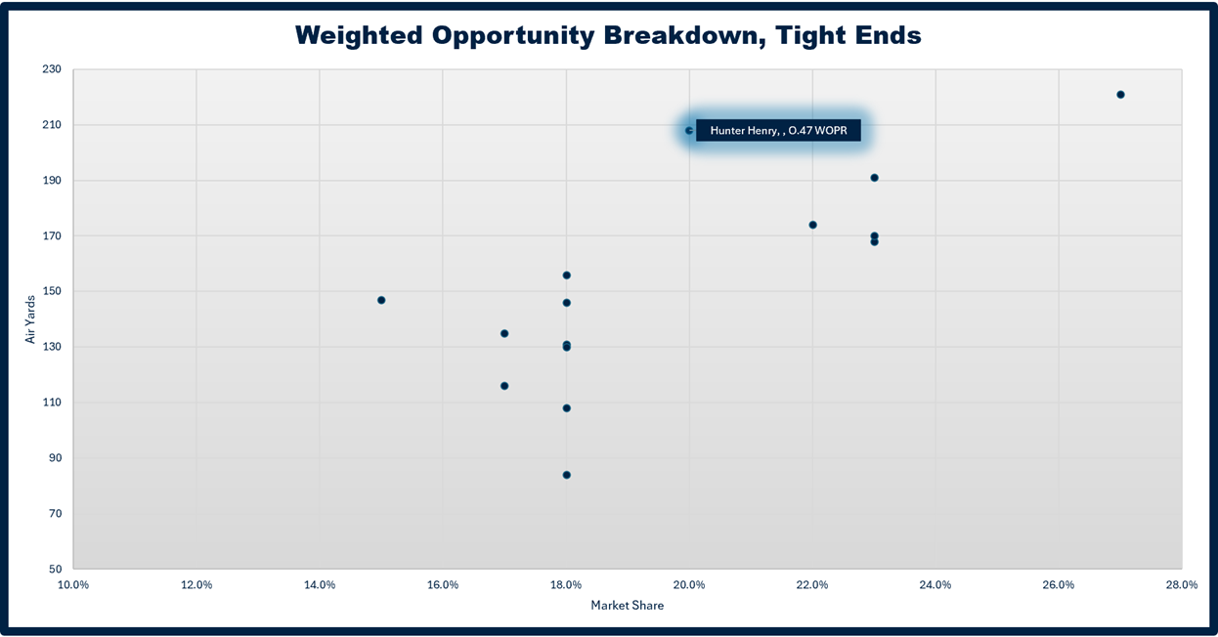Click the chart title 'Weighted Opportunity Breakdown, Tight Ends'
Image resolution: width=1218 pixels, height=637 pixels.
click(608, 35)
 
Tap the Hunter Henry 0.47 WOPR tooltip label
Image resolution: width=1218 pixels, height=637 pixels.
click(778, 131)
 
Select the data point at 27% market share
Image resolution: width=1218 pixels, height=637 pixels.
click(1120, 95)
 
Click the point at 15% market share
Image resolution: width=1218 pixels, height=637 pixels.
click(381, 300)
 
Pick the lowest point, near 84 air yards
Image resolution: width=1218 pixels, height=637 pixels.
click(567, 475)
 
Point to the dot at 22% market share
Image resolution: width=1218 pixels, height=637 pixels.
click(813, 225)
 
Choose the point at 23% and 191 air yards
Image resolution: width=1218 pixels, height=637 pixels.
click(874, 178)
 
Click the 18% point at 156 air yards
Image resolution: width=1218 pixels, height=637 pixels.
click(567, 276)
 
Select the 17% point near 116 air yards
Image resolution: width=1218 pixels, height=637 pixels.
click(504, 386)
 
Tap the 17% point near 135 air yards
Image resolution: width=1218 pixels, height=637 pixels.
click(504, 334)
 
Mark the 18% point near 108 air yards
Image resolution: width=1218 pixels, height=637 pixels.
click(567, 408)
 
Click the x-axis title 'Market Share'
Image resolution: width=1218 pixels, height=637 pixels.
click(627, 606)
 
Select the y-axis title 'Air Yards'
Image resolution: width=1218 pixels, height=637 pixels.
click(30, 319)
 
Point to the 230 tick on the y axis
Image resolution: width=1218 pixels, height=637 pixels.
click(52, 69)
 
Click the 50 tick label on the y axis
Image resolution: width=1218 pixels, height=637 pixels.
click(56, 569)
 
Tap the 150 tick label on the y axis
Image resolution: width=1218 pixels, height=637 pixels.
click(52, 291)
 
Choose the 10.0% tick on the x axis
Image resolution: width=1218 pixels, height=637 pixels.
click(73, 585)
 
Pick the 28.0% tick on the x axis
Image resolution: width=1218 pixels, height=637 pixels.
click(1182, 585)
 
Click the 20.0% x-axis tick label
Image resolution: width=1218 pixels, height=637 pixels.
click(689, 585)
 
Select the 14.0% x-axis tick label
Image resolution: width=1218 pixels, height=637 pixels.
click(320, 585)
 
